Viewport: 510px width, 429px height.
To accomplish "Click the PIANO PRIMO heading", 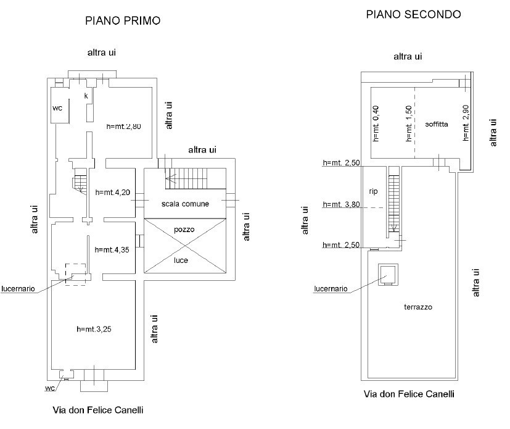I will [x=123, y=21].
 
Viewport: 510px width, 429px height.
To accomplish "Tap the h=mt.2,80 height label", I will [x=124, y=127].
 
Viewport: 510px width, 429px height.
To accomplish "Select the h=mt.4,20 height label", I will [x=113, y=192].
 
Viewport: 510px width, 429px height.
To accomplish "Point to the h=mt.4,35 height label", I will [x=112, y=250].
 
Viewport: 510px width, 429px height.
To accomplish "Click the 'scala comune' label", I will [x=186, y=204].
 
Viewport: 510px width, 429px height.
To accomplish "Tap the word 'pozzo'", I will [x=184, y=229].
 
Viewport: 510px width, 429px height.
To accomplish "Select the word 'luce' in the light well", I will [x=181, y=260].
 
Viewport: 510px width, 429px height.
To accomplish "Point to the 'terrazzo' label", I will [x=419, y=307].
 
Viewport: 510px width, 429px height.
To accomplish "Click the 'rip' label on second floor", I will [x=373, y=191].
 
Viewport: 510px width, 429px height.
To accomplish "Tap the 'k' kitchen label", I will [x=86, y=96].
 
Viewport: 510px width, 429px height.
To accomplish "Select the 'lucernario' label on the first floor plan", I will [x=21, y=288].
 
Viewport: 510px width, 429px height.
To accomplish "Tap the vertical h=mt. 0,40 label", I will [x=376, y=124].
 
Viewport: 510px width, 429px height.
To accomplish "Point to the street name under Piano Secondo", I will [x=408, y=394].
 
